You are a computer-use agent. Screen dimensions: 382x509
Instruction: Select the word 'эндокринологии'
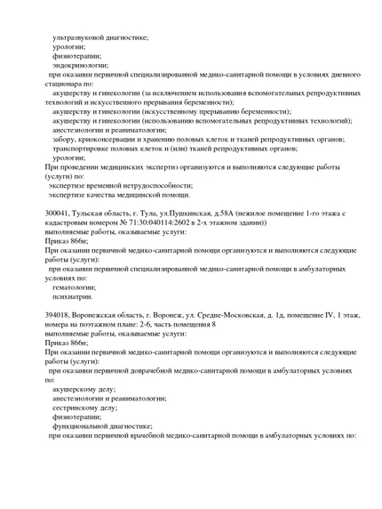pos(80,65)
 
